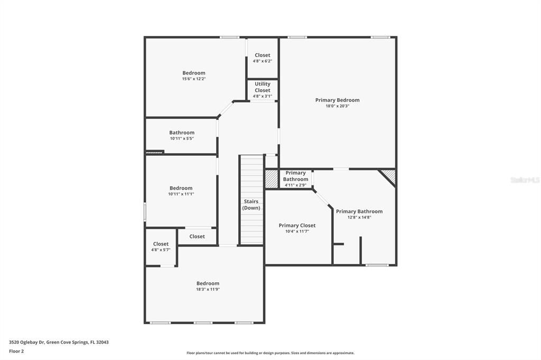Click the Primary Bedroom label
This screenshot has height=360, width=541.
tap(337, 100)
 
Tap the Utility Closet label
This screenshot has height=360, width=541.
tap(263, 87)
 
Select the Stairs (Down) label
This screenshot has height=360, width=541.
tap(251, 204)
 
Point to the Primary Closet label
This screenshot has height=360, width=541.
tap(297, 225)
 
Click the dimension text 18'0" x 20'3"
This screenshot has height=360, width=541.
tap(337, 106)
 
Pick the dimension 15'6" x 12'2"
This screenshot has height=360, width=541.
tap(194, 79)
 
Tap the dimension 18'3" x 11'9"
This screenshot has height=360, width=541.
tap(208, 289)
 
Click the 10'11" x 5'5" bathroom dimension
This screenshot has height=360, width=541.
tap(182, 139)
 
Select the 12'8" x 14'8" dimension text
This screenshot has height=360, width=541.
tap(359, 217)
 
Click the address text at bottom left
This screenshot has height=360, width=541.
tap(59, 342)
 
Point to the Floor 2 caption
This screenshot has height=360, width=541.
tap(16, 351)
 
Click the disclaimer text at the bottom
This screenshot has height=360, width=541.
tap(270, 353)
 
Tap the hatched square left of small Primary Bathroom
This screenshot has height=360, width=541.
tap(272, 179)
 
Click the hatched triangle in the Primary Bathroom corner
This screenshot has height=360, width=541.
tap(390, 175)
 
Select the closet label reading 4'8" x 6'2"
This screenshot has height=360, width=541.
tap(263, 61)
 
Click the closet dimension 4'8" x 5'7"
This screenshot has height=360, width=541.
tap(161, 250)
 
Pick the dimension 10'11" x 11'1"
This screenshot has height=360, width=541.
tap(181, 194)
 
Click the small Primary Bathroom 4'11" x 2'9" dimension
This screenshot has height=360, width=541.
tap(296, 185)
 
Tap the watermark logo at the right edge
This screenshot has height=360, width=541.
tap(525, 180)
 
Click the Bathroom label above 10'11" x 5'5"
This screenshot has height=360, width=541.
tap(182, 132)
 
